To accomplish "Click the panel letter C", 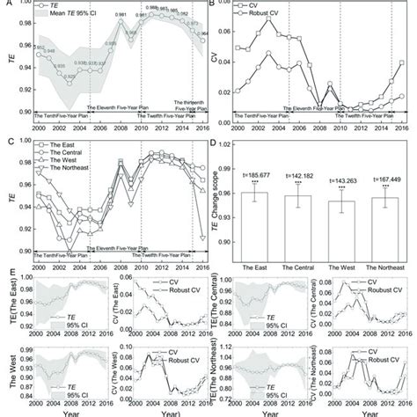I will coord(5,138).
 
